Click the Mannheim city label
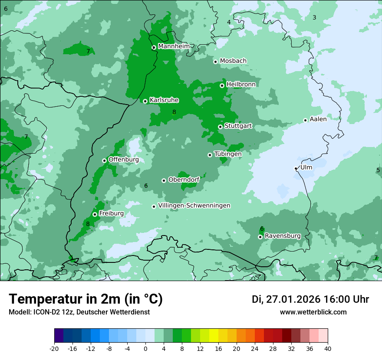(174, 46)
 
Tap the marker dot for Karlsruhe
(145, 101)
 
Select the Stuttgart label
(238, 126)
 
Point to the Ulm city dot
(296, 168)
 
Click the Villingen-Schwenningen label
(194, 206)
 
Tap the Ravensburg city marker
(260, 237)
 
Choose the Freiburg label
(111, 213)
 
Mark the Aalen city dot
(305, 120)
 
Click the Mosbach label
(233, 61)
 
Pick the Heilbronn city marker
(222, 85)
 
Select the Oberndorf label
(184, 180)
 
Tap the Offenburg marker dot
(104, 160)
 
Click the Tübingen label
(227, 154)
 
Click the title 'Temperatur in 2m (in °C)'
(86, 299)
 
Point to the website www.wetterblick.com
(313, 312)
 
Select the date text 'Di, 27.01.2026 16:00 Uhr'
(310, 299)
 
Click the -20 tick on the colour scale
(54, 348)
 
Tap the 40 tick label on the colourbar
(328, 348)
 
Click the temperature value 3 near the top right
(314, 17)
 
